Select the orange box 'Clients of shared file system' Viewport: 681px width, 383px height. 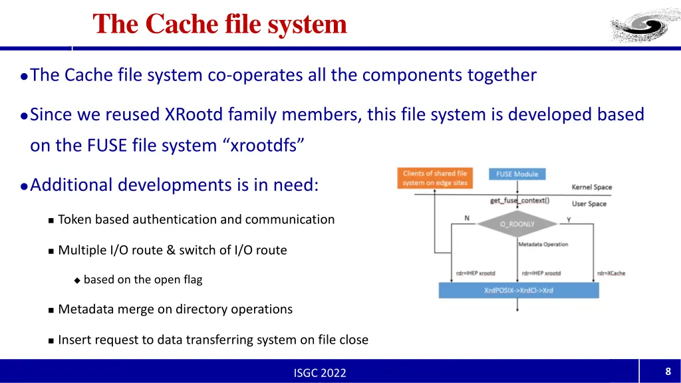click(x=435, y=178)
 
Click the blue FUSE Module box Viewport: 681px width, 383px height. click(x=517, y=174)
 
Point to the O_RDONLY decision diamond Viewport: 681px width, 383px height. click(x=517, y=225)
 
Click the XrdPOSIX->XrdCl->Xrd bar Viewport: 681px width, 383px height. click(x=519, y=291)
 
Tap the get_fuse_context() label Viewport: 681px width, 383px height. click(x=519, y=200)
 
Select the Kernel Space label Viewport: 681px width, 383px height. click(x=591, y=188)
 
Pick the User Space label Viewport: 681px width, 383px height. click(x=589, y=203)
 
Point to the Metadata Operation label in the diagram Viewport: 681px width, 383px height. click(x=543, y=245)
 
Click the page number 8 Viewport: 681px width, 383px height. click(x=668, y=372)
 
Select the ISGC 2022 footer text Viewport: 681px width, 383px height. click(x=320, y=373)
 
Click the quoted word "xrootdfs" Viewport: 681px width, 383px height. click(x=263, y=145)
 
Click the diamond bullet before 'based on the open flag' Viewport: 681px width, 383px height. click(x=77, y=281)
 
